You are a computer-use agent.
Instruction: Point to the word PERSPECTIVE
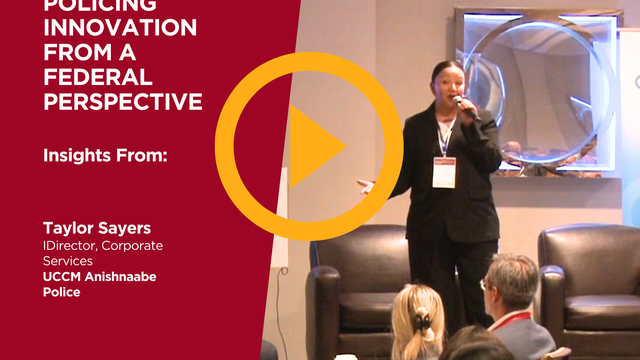122,101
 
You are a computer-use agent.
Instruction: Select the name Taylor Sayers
91,229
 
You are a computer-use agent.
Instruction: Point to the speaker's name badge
444,170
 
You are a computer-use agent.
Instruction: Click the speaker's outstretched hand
366,187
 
